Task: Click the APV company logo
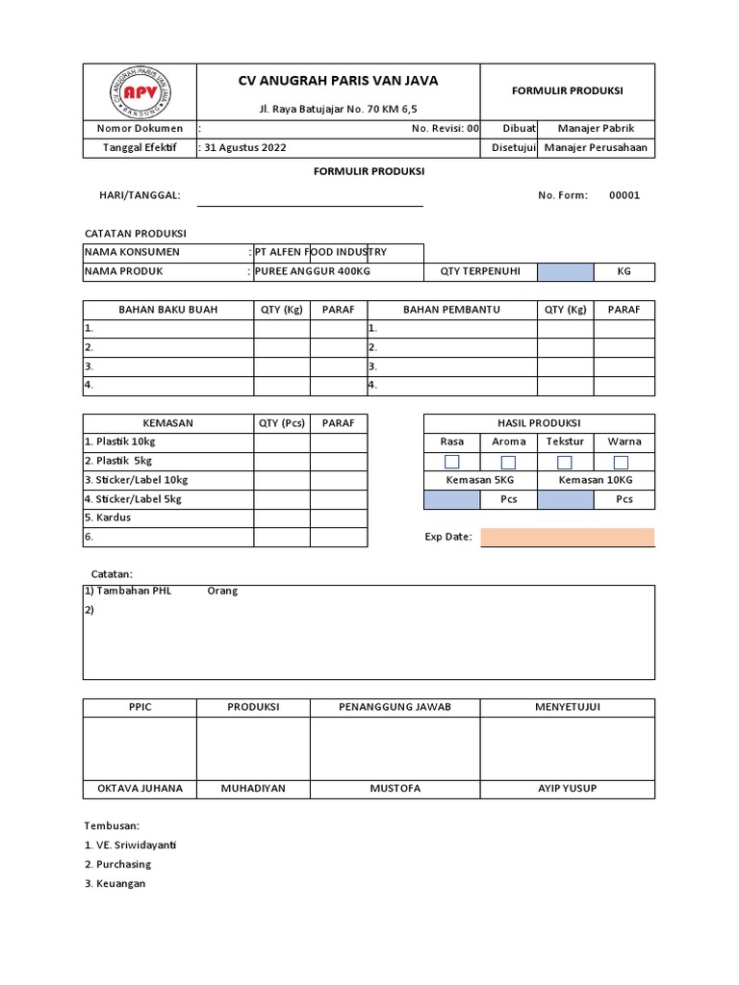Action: (x=140, y=91)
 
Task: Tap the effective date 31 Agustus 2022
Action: (x=245, y=148)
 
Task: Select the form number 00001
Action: (x=624, y=195)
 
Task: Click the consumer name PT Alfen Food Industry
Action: (x=320, y=252)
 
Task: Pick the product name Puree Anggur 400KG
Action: (x=313, y=271)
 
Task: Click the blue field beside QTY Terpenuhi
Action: (x=565, y=272)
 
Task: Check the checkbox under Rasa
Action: (x=451, y=463)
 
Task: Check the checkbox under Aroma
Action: (x=508, y=463)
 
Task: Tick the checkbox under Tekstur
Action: (x=565, y=463)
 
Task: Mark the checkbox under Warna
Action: (x=621, y=463)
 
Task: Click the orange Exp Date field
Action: (x=567, y=537)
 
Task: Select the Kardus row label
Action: (x=113, y=518)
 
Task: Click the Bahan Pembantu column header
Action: (x=451, y=310)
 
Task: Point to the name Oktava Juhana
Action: (x=140, y=789)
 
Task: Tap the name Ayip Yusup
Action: (x=567, y=789)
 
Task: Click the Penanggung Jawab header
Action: (x=395, y=707)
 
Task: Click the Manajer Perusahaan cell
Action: (x=596, y=148)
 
